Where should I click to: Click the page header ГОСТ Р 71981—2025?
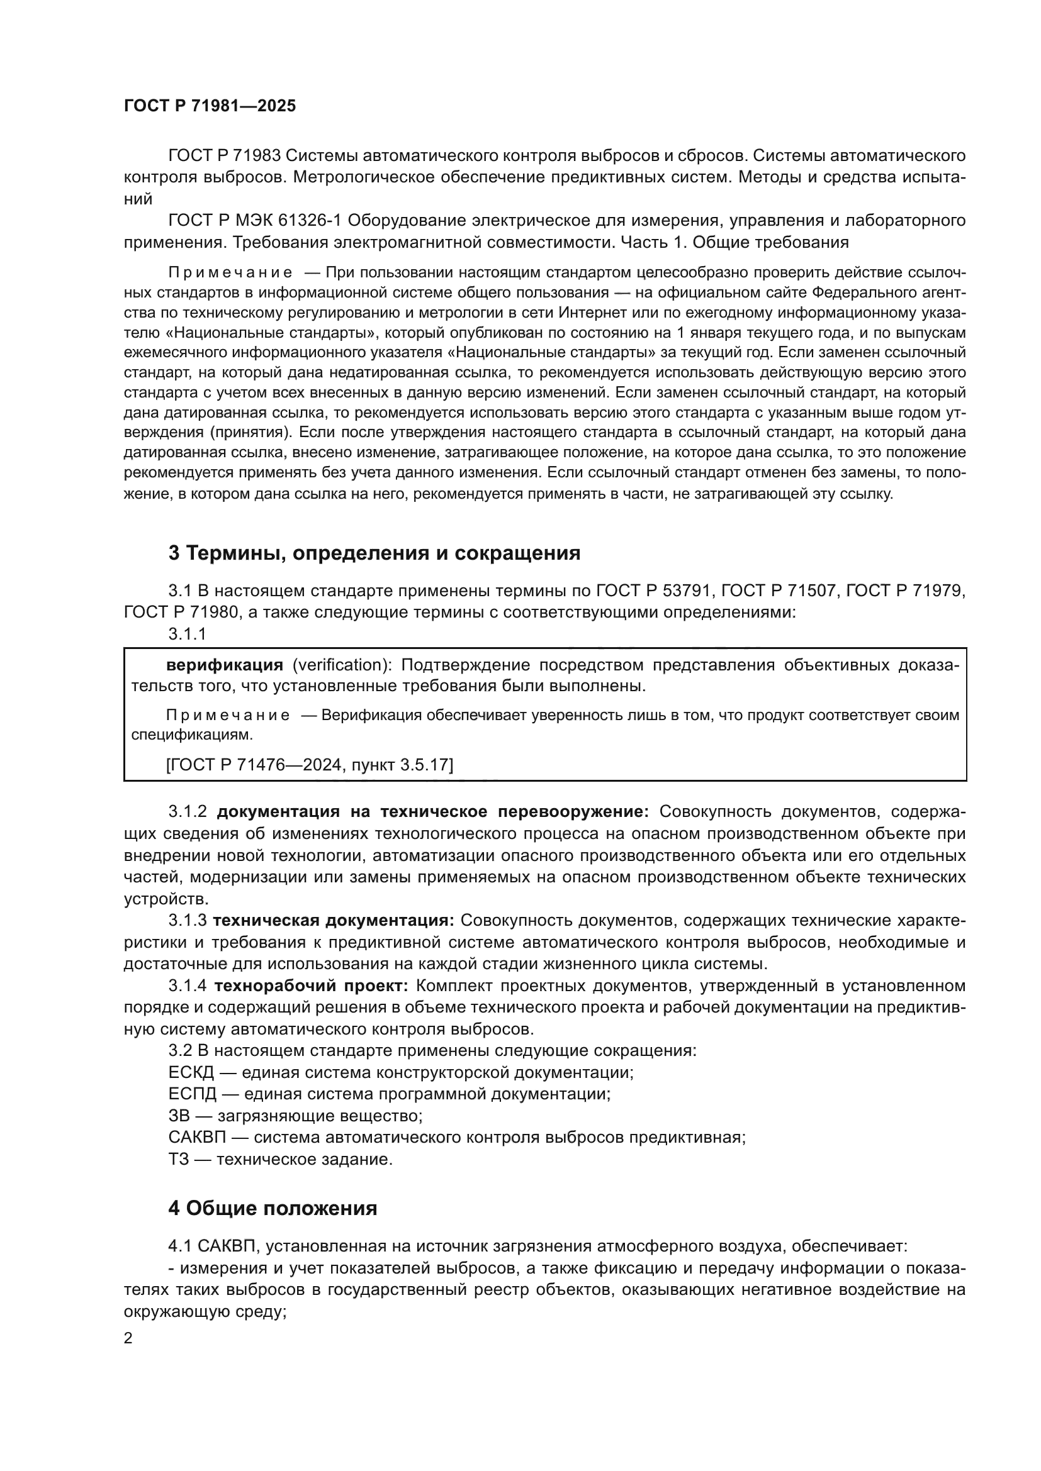coord(210,106)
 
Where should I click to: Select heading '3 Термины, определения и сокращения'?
coord(374,553)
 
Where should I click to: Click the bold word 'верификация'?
coord(223,665)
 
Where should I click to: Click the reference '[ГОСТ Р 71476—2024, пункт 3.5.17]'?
coord(309,764)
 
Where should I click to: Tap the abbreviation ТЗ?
coord(178,1159)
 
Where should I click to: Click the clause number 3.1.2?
coord(187,812)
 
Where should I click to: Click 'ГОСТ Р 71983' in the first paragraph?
coord(223,156)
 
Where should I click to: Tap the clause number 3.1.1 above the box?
coord(187,635)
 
